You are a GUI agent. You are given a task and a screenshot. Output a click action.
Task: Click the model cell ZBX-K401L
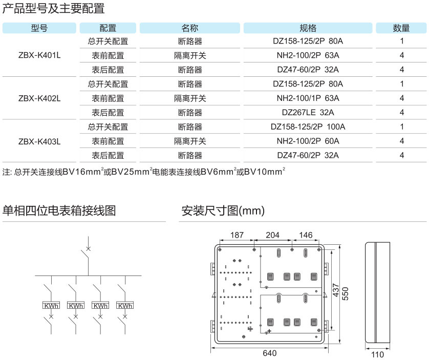click(x=39, y=55)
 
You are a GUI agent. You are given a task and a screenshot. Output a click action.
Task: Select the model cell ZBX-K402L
click(x=39, y=98)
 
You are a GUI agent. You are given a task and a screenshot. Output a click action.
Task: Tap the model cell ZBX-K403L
click(x=39, y=141)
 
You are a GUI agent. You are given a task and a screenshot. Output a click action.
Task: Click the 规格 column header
click(x=308, y=28)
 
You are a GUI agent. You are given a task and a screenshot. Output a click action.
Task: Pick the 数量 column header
click(x=401, y=28)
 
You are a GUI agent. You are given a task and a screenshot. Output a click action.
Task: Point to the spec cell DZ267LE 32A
click(x=308, y=113)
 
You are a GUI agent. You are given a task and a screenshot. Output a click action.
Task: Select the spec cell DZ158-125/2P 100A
click(x=308, y=127)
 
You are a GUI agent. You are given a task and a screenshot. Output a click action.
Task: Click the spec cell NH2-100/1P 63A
click(x=308, y=98)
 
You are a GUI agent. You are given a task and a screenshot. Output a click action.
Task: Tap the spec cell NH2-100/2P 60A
click(x=308, y=141)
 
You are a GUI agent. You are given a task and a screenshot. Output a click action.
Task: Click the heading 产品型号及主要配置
click(x=53, y=8)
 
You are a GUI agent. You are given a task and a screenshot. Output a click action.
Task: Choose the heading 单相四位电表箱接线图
click(x=59, y=210)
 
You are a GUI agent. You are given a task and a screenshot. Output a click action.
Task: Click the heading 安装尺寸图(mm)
click(x=223, y=210)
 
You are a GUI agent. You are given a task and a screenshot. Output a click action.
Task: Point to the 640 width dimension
click(x=269, y=353)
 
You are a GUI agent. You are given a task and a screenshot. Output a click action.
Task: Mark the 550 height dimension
click(x=345, y=293)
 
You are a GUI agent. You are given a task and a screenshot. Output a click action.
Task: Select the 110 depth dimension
click(x=377, y=354)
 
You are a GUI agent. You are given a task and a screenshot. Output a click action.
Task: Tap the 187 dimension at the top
click(x=237, y=235)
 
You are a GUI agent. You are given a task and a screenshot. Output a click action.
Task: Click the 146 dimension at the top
click(x=306, y=235)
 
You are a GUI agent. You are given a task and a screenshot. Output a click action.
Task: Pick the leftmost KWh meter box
click(x=51, y=306)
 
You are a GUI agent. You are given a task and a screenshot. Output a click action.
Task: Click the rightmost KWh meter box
click(x=125, y=306)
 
